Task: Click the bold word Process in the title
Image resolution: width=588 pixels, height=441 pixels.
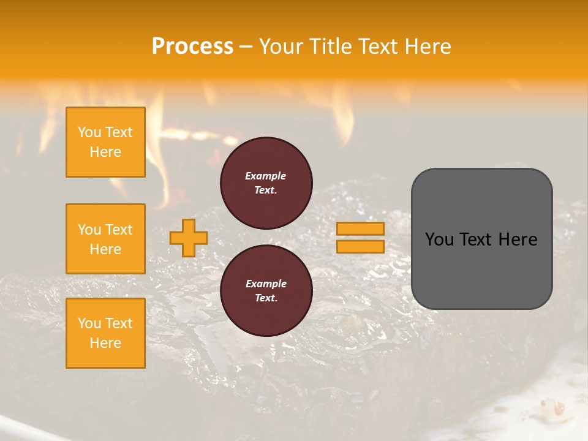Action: pos(192,47)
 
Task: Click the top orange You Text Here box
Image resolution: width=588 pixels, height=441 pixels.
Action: pos(105,142)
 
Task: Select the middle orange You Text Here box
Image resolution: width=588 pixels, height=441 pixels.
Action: pos(105,239)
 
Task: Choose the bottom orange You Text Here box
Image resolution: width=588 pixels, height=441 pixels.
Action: pos(105,333)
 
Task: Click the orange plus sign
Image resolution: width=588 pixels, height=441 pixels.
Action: pos(189,238)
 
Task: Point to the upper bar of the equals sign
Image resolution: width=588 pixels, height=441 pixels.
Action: pos(360,228)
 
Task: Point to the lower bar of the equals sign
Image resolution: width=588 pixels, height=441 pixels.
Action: pos(360,247)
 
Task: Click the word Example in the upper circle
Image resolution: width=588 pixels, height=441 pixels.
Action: pos(266,176)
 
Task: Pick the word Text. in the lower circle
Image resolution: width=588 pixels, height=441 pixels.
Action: pos(266,298)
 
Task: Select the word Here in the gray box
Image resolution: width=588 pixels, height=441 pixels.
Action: pos(518,239)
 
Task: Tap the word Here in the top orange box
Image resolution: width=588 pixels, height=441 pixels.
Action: pos(105,152)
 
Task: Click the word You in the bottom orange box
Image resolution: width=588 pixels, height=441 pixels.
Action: pos(89,323)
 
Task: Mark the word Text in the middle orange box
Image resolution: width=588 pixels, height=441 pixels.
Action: pos(119,230)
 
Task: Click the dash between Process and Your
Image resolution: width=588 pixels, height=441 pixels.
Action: pos(246,47)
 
